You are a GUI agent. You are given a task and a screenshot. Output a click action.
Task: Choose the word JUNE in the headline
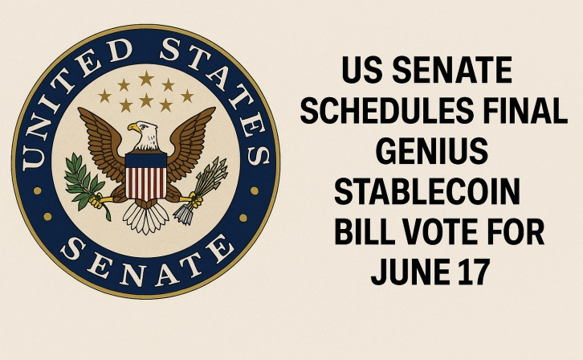click(x=404, y=272)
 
